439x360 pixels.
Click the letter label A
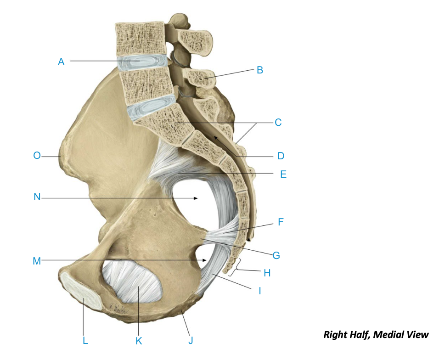click(x=61, y=62)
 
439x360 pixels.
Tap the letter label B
click(x=260, y=70)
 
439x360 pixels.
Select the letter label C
click(x=278, y=123)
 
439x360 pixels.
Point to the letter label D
click(x=281, y=156)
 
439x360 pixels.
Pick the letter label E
click(x=283, y=174)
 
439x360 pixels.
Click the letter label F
click(x=281, y=223)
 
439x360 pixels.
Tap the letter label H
click(x=267, y=273)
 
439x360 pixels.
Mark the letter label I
click(x=260, y=291)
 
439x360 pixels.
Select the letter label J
click(x=191, y=340)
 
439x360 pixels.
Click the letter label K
click(x=139, y=340)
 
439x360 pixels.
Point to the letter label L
click(x=85, y=340)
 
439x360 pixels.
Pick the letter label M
click(x=37, y=261)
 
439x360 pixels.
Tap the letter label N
click(x=37, y=197)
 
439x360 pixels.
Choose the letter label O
click(x=37, y=156)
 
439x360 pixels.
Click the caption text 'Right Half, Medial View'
click(x=376, y=334)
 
